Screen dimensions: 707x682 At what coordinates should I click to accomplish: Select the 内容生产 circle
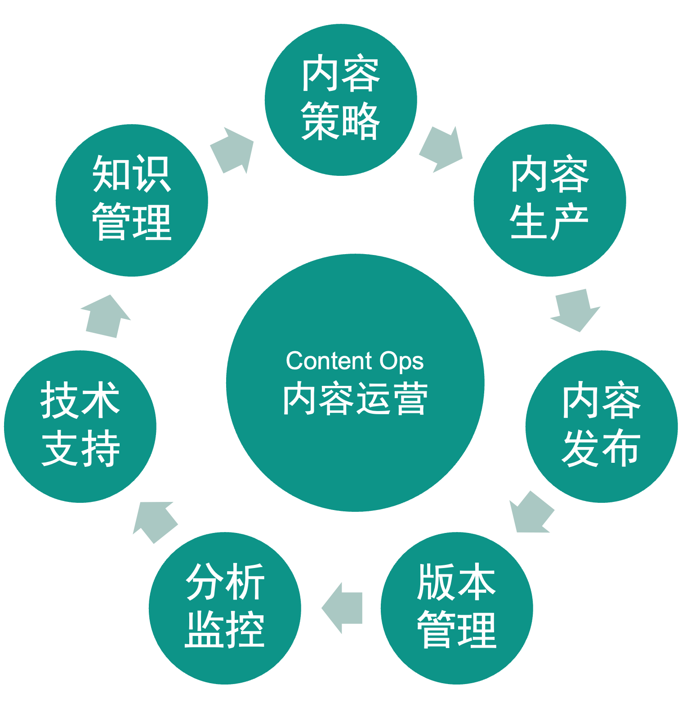tap(549, 200)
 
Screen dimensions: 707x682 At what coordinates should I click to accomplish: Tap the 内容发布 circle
tap(601, 426)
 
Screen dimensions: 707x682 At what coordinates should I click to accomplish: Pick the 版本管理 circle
tap(457, 608)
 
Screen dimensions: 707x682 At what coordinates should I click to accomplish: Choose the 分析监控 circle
tap(225, 608)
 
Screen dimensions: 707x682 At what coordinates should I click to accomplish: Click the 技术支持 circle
tap(80, 426)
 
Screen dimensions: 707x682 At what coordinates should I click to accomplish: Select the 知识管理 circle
tap(132, 200)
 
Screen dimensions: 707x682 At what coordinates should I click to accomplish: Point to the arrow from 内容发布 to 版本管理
tap(531, 513)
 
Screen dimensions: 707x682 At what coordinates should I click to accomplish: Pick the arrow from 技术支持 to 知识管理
tap(105, 317)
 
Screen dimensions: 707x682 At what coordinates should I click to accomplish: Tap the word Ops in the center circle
tap(401, 362)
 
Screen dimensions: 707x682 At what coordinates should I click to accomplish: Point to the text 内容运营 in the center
tap(355, 398)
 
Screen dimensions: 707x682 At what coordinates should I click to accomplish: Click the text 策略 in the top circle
tap(341, 121)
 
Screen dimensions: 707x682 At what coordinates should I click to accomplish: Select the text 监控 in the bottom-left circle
tap(225, 630)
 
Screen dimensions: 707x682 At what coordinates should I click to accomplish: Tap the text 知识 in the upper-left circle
tap(132, 175)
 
